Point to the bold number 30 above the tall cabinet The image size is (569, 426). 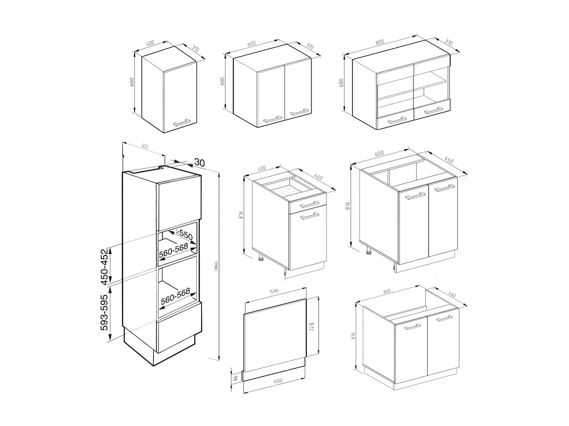[x=200, y=162]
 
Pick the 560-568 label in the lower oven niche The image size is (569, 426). [x=175, y=297]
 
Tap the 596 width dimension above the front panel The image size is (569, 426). [x=274, y=291]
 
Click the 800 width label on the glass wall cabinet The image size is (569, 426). [x=380, y=42]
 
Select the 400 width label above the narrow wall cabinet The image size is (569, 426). [x=150, y=43]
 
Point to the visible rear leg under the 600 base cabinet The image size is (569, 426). [x=368, y=252]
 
